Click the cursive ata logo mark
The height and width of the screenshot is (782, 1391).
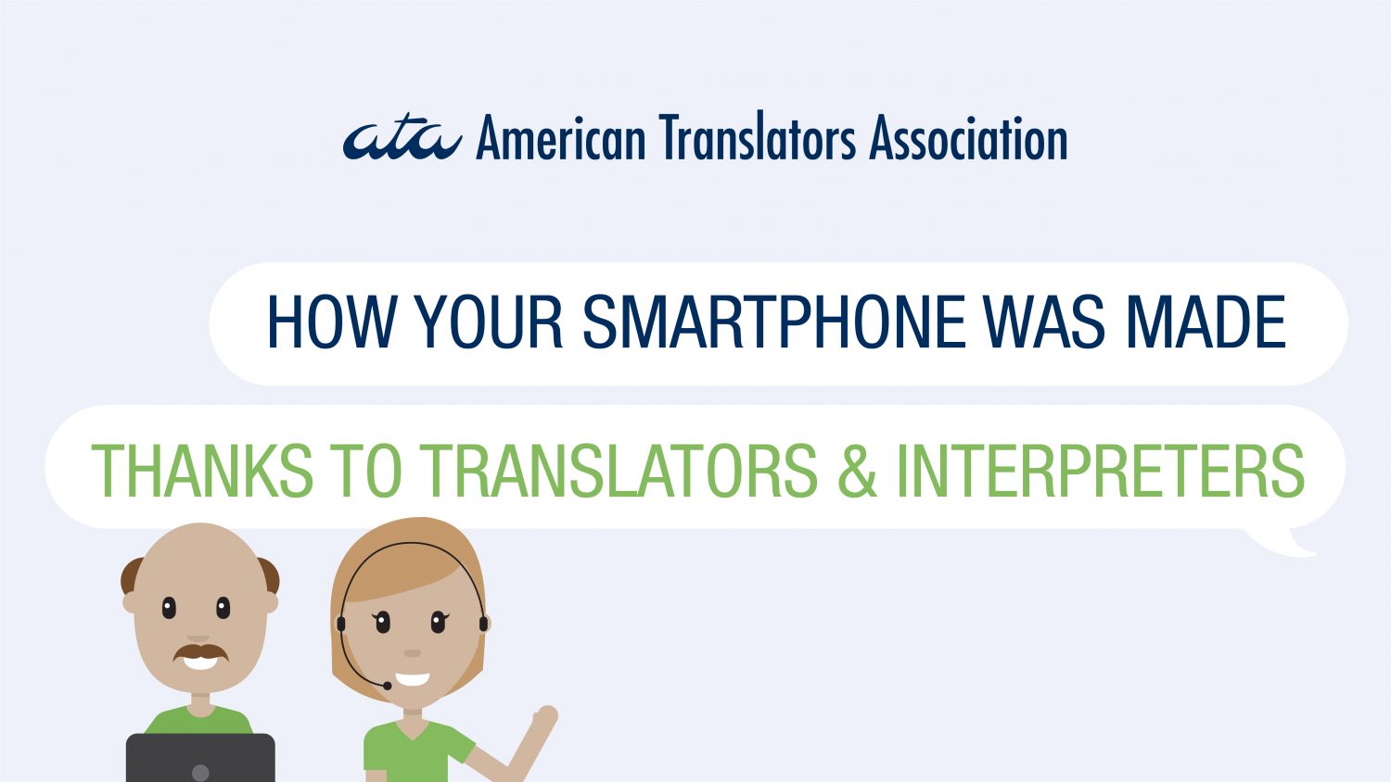(x=402, y=139)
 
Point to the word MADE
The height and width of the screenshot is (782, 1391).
(x=1206, y=322)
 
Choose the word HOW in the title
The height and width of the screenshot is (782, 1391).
(x=332, y=322)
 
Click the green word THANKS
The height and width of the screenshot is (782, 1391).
(x=202, y=470)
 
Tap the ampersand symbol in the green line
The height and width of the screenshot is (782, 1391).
(x=857, y=470)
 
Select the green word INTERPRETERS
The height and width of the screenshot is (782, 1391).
(x=1101, y=470)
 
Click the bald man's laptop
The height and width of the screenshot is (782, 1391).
(x=200, y=758)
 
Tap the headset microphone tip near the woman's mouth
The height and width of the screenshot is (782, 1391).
(x=388, y=686)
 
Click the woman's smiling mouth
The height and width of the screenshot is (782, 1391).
(x=413, y=679)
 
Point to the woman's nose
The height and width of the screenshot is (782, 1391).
(x=413, y=653)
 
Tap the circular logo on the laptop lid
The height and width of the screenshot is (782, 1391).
(x=200, y=773)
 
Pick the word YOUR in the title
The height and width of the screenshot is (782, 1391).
(x=489, y=322)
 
